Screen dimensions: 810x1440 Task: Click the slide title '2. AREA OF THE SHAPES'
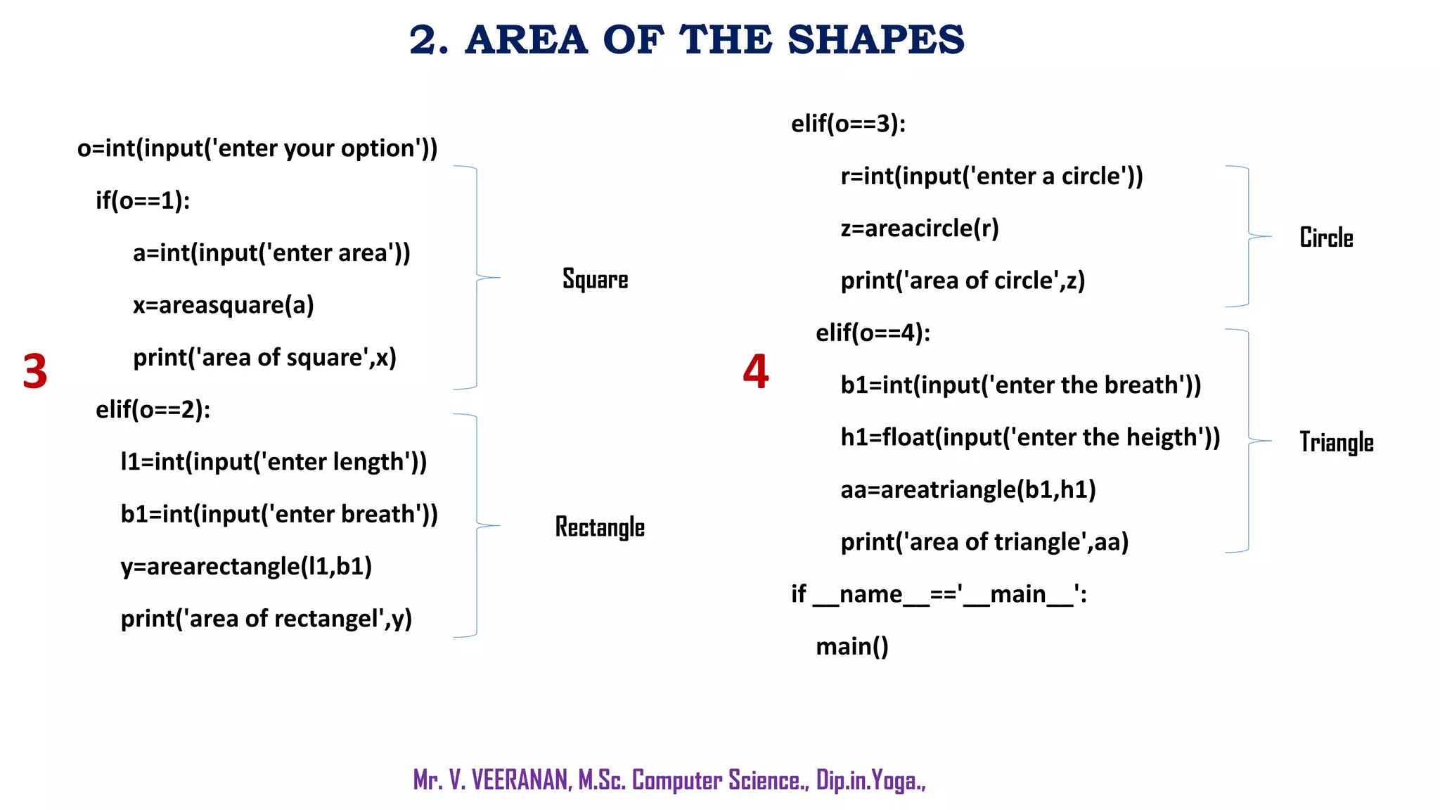pyautogui.click(x=686, y=39)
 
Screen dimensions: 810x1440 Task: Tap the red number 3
pyautogui.click(x=35, y=371)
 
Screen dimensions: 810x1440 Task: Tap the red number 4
pyautogui.click(x=756, y=371)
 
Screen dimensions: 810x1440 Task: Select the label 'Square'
pyautogui.click(x=595, y=279)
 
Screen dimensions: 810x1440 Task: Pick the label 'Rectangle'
pyautogui.click(x=600, y=527)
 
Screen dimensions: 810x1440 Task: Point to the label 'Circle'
pyautogui.click(x=1326, y=238)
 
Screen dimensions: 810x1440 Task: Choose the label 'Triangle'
pyautogui.click(x=1336, y=442)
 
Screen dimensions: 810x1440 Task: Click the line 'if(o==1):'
pyautogui.click(x=143, y=201)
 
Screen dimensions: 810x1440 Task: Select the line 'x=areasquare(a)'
pyautogui.click(x=224, y=305)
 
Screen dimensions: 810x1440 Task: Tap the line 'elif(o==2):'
pyautogui.click(x=153, y=410)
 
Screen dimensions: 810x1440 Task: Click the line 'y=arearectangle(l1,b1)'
pyautogui.click(x=246, y=567)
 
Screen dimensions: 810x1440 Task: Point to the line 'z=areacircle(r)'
pyautogui.click(x=920, y=229)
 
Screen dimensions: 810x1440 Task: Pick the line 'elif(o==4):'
pyautogui.click(x=873, y=333)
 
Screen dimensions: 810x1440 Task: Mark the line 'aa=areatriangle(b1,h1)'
pyautogui.click(x=968, y=489)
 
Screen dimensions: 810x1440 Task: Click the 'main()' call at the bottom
pyautogui.click(x=852, y=646)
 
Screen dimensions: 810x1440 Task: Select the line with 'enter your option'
pyautogui.click(x=257, y=149)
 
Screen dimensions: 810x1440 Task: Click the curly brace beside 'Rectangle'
pyautogui.click(x=477, y=525)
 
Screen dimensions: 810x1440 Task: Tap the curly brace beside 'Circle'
pyautogui.click(x=1249, y=236)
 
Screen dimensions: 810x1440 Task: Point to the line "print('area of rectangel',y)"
pyautogui.click(x=266, y=619)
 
